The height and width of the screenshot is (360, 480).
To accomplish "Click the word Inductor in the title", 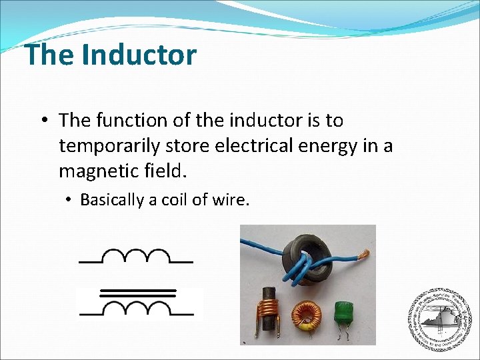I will [x=139, y=55].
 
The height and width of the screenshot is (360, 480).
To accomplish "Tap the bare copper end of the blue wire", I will [x=363, y=254].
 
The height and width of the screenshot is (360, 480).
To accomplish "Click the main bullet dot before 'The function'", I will [x=44, y=121].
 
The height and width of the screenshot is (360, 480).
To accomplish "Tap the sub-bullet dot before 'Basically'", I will [x=69, y=200].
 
